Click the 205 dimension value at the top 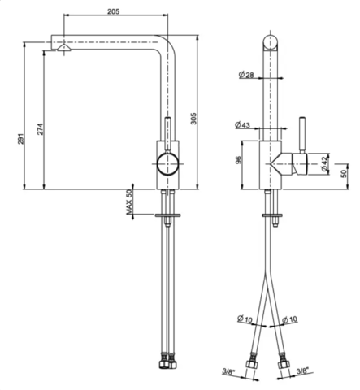pyautogui.click(x=113, y=11)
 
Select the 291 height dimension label pyautogui.click(x=21, y=138)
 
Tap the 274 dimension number pyautogui.click(x=40, y=129)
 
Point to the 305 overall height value pyautogui.click(x=193, y=119)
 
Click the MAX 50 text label pyautogui.click(x=129, y=202)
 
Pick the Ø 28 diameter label pyautogui.click(x=246, y=75)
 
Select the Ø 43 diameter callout pyautogui.click(x=242, y=125)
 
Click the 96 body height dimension pyautogui.click(x=238, y=160)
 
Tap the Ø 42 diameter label pyautogui.click(x=324, y=164)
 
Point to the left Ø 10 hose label pyautogui.click(x=245, y=318)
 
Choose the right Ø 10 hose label pyautogui.click(x=289, y=320)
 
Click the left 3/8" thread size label pyautogui.click(x=228, y=372)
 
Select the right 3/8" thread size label pyautogui.click(x=303, y=370)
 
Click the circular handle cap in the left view pyautogui.click(x=168, y=164)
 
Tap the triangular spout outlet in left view pyautogui.click(x=64, y=48)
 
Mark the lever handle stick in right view pyautogui.click(x=302, y=135)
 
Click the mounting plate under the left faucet pyautogui.click(x=167, y=215)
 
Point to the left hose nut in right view pyautogui.click(x=251, y=364)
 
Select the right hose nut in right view pyautogui.click(x=283, y=364)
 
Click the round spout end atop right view pyautogui.click(x=271, y=42)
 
